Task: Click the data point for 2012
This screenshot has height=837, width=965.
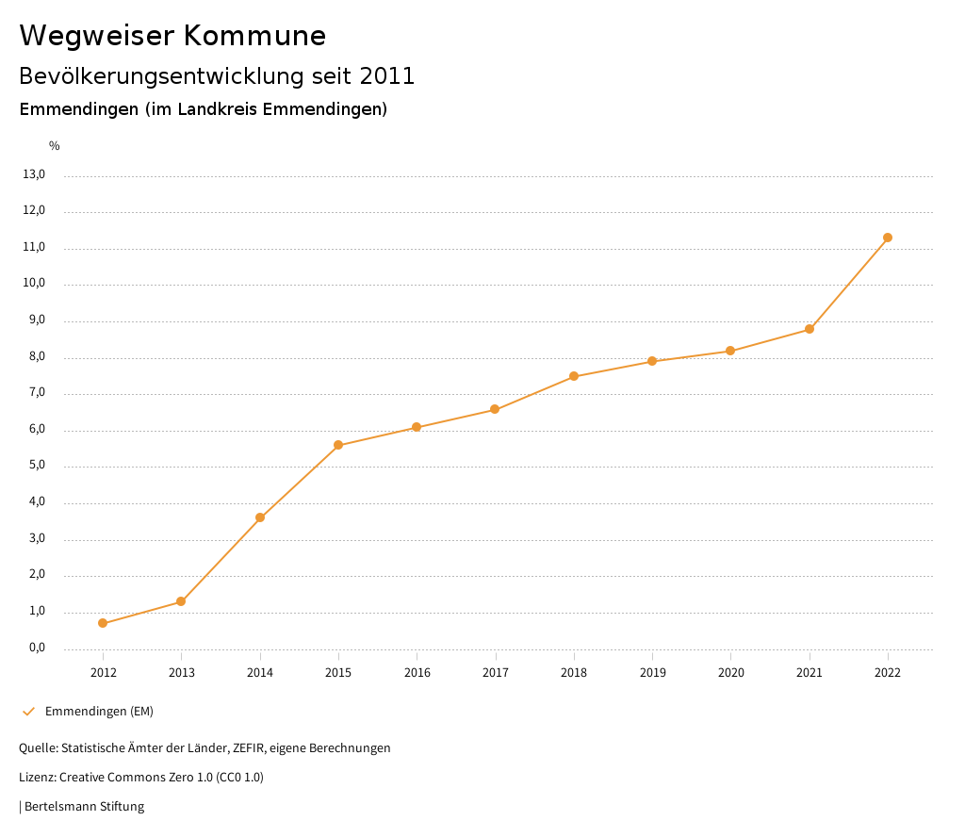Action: (x=103, y=623)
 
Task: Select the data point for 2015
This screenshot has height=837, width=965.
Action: (x=338, y=445)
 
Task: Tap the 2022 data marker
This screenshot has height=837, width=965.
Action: (x=888, y=238)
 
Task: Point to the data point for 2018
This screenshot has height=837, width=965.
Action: (x=574, y=376)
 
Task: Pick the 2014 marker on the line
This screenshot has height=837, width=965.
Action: (x=260, y=517)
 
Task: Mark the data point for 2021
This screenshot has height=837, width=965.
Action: (x=810, y=329)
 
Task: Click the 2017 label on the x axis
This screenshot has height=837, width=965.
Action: (x=496, y=673)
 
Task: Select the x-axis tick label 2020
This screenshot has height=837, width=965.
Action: (x=731, y=673)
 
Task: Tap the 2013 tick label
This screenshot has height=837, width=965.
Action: (x=182, y=673)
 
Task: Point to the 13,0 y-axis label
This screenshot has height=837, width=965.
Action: (x=35, y=174)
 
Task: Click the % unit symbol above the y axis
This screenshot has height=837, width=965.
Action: (x=55, y=146)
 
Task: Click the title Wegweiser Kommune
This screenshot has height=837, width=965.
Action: (x=172, y=36)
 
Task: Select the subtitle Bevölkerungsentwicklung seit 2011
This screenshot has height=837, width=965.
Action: (x=217, y=76)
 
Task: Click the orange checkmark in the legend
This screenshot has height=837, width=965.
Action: (x=28, y=712)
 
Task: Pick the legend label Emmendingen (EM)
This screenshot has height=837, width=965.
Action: (x=99, y=712)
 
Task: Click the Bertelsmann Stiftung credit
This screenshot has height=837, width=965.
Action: (x=84, y=807)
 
